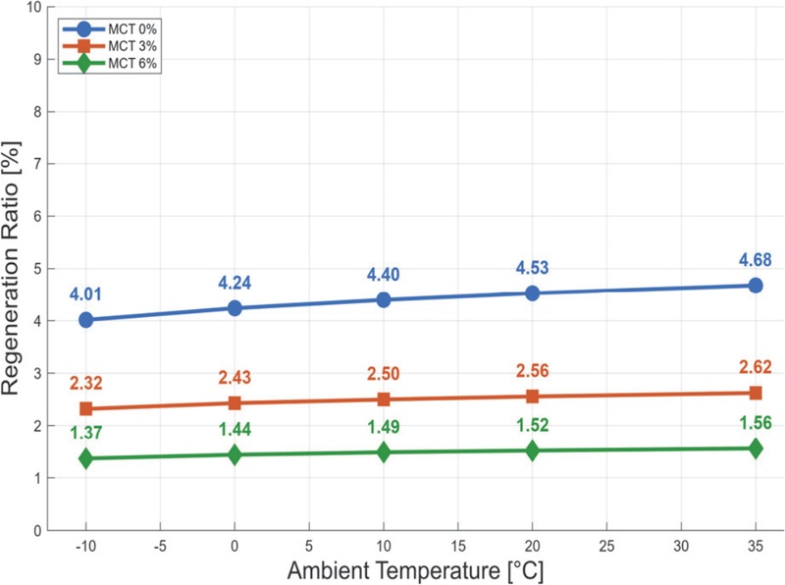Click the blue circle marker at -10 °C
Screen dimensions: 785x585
tap(86, 320)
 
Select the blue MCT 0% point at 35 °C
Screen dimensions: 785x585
tap(756, 286)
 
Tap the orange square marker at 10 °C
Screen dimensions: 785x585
tap(384, 399)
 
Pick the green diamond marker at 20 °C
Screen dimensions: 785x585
tap(533, 451)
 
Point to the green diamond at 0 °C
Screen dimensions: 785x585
tap(235, 454)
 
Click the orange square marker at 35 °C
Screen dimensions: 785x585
tap(756, 393)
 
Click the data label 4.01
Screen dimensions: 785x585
tap(85, 294)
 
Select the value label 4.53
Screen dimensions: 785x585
tap(532, 267)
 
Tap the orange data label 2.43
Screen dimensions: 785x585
tap(235, 377)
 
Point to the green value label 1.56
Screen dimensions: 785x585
tap(756, 423)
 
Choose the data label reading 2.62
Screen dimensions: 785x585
tap(756, 367)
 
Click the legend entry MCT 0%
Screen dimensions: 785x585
tap(132, 29)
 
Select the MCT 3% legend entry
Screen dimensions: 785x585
tap(132, 46)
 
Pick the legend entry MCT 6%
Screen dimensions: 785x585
tap(132, 63)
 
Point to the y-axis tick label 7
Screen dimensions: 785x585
tap(37, 164)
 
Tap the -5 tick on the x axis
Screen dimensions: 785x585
tap(160, 546)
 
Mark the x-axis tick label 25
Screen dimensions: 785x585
tap(606, 546)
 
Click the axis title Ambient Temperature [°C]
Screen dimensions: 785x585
tap(415, 571)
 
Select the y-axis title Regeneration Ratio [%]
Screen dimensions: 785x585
tap(11, 269)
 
